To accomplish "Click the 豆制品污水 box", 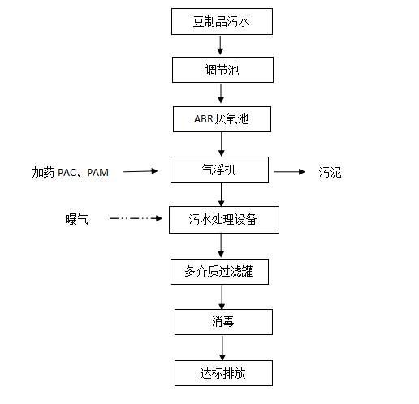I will (x=222, y=21).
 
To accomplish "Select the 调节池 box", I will (x=222, y=70).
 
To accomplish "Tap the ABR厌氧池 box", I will (x=222, y=119).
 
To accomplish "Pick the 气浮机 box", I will (x=222, y=170).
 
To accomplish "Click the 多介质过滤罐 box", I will (x=222, y=271).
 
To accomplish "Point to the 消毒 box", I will (x=222, y=322).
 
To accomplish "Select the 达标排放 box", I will (x=222, y=373).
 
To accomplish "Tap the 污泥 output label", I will (x=330, y=172).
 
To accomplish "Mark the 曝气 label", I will (x=77, y=219).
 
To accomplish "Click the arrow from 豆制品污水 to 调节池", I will (x=221, y=45).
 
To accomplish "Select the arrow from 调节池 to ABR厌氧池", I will (x=221, y=94).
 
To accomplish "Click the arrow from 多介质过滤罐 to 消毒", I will (x=221, y=296).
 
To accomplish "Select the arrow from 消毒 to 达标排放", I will (x=221, y=347).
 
